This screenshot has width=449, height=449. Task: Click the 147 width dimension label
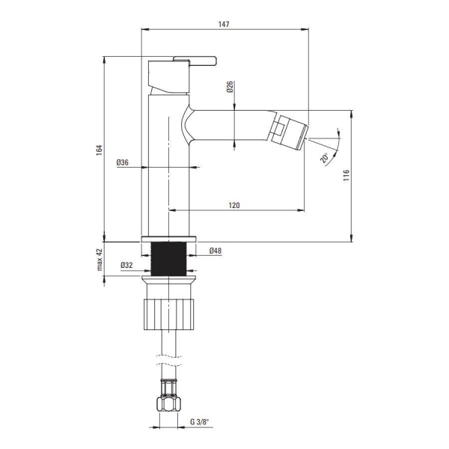tap(224, 24)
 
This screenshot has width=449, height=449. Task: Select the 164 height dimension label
tap(99, 150)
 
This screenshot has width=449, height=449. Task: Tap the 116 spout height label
tap(346, 175)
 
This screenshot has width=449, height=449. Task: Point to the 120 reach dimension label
tap(234, 205)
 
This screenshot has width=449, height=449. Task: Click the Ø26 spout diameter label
tap(230, 87)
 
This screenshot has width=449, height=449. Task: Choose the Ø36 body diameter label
tap(123, 162)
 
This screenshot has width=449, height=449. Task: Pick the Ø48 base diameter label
tap(216, 251)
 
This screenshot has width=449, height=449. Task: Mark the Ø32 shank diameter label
tap(126, 265)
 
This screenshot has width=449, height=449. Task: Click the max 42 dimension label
tap(100, 260)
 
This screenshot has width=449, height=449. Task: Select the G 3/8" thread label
tap(200, 422)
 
